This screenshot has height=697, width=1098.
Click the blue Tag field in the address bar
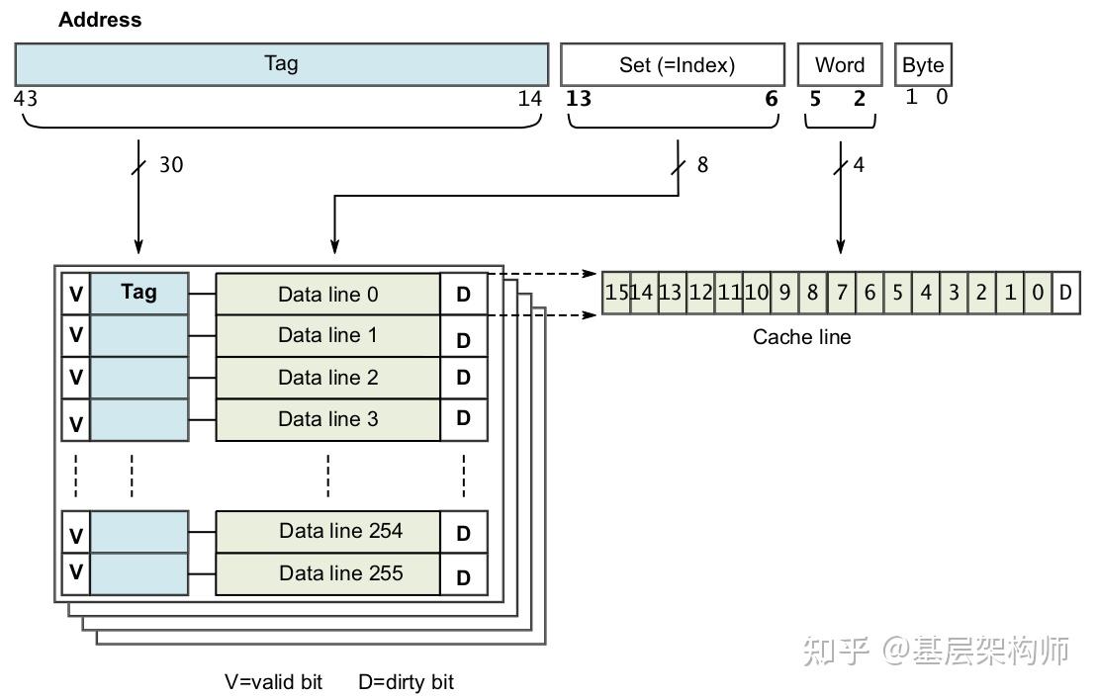tap(281, 64)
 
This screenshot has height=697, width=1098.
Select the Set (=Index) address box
tap(673, 65)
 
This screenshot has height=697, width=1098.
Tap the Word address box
tap(840, 65)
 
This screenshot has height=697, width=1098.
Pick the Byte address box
tap(923, 65)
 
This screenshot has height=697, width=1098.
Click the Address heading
tap(100, 20)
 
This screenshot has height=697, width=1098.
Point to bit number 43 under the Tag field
tap(26, 98)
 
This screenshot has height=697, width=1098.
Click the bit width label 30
tap(171, 164)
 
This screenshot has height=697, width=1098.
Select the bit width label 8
tap(702, 164)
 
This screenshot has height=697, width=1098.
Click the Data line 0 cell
tap(327, 295)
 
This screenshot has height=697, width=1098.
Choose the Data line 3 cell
tap(327, 419)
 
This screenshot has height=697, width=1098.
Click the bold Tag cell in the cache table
tap(138, 293)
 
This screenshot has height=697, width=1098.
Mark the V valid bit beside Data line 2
tap(75, 378)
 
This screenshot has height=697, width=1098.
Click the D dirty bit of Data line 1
tap(463, 340)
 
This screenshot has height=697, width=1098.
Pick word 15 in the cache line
tap(615, 293)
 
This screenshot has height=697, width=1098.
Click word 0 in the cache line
tap(1037, 293)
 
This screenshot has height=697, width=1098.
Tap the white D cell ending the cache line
tap(1065, 293)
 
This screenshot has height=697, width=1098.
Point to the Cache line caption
tap(801, 337)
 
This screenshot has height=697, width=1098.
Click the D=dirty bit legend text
tap(406, 682)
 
